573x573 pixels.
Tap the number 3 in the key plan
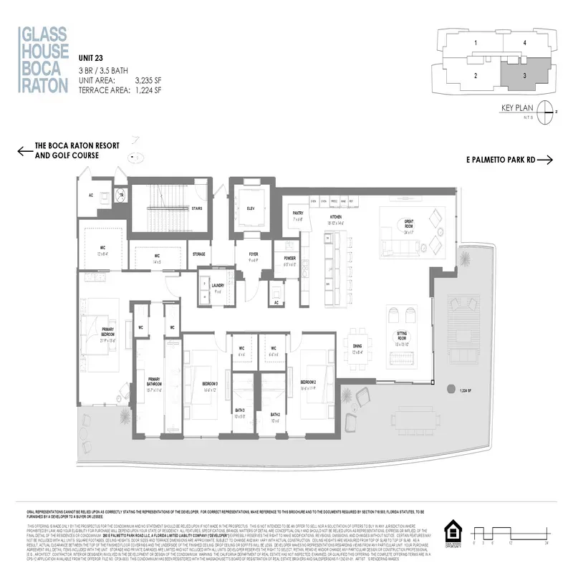(525, 75)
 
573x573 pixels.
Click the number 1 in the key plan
(476, 43)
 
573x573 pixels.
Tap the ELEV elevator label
(251, 208)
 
